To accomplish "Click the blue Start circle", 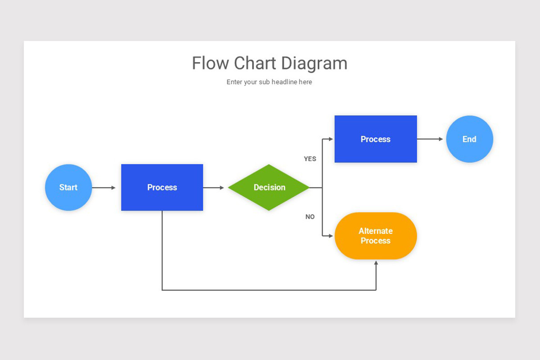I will point(68,187).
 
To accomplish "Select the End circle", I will point(469,139).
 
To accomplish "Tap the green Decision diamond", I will point(269,187).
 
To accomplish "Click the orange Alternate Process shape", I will point(376,236).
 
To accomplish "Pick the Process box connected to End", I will point(376,139).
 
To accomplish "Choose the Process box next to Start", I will point(162,187).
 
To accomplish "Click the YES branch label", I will point(310,159).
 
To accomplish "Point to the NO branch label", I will point(310,217).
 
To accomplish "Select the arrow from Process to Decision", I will point(213,188).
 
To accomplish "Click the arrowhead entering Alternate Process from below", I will point(376,263).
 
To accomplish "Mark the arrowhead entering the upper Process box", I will point(331,139).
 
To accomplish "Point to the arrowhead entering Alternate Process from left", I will point(331,236).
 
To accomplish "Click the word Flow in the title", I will point(211,63).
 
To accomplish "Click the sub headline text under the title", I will point(269,82).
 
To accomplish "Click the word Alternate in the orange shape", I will point(376,231).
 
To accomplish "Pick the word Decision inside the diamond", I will point(269,187).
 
